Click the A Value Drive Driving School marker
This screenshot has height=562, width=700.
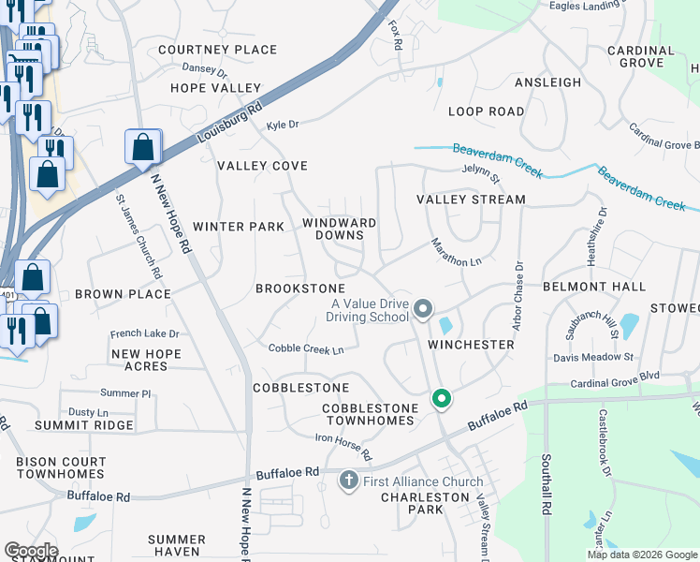[x=423, y=308]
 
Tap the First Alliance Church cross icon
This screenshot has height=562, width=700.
[x=348, y=481]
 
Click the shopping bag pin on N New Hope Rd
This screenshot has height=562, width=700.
[x=143, y=147]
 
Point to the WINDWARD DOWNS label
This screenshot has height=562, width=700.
[x=339, y=229]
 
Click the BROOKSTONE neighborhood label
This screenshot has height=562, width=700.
[x=300, y=288]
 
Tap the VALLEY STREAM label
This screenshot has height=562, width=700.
[x=471, y=200]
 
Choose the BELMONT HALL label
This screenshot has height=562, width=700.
[x=594, y=286]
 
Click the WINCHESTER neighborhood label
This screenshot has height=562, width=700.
[x=472, y=345]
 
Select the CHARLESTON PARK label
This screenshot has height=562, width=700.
[x=425, y=503]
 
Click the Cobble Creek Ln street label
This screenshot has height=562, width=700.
[x=307, y=348]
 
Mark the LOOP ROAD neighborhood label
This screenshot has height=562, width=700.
[x=486, y=111]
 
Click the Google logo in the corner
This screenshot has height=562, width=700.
[x=32, y=551]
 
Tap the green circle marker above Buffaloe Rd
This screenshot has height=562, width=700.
[x=442, y=399]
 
